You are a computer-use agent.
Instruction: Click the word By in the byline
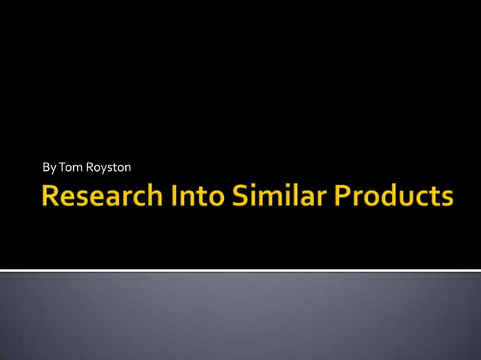click(49, 166)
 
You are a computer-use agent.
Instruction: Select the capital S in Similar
click(240, 197)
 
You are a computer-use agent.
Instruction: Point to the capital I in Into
click(178, 197)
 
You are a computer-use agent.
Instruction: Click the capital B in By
click(46, 166)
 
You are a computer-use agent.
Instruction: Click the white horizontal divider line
click(240, 270)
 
